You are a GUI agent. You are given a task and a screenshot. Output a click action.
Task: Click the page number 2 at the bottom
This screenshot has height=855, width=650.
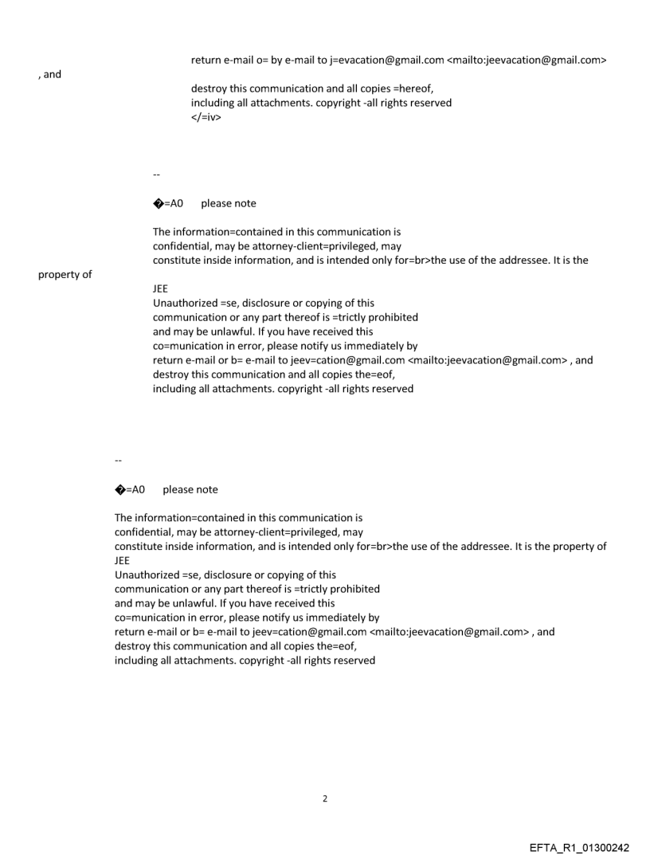[324, 798]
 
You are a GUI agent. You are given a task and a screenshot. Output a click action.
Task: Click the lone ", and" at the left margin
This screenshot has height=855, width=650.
[49, 75]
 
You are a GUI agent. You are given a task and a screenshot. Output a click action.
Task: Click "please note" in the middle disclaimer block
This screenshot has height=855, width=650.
[229, 203]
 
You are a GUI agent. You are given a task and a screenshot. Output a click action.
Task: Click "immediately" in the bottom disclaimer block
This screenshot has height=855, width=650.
[331, 618]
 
